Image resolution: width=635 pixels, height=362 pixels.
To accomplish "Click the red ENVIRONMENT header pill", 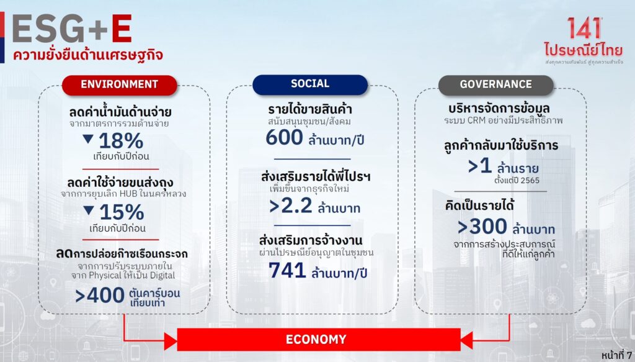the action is (x=120, y=85).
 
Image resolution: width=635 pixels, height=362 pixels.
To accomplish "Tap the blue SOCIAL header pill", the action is (x=310, y=84).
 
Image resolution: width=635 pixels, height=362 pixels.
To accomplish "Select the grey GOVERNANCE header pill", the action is (x=495, y=85).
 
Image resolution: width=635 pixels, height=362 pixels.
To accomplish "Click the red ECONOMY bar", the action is (x=319, y=340).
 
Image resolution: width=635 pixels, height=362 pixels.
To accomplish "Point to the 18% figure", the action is (x=121, y=141).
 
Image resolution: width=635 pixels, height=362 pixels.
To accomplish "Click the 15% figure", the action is (x=122, y=212).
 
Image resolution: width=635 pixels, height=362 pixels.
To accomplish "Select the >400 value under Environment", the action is (x=100, y=295).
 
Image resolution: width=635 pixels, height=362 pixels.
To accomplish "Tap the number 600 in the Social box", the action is (x=284, y=137).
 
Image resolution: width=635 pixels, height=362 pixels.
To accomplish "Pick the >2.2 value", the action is (x=291, y=206).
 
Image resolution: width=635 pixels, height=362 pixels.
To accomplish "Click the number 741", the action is (x=287, y=270).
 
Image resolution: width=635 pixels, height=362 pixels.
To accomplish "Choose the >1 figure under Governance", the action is (x=480, y=166).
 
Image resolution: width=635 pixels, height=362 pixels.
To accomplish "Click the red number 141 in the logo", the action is (x=584, y=29).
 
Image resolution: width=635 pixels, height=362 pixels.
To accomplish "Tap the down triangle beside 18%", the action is (x=88, y=139).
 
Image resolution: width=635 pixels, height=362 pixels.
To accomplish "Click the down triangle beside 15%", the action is (x=89, y=210).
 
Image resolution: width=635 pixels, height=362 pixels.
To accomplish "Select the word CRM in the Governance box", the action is (x=477, y=120).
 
